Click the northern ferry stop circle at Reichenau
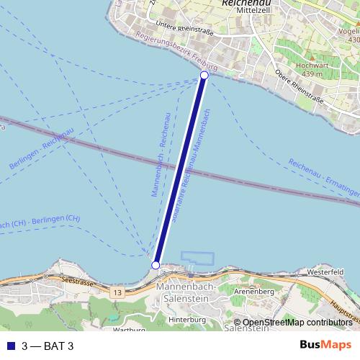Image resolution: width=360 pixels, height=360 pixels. (x=204, y=76)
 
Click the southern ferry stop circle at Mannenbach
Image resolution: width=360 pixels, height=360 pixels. (x=156, y=266)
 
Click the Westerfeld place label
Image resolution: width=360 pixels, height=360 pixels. (x=323, y=274)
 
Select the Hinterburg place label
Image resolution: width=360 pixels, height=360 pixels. (x=182, y=318)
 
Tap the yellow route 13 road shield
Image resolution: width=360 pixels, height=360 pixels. (x=117, y=293)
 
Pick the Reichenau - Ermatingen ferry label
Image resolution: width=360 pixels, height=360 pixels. (x=323, y=180)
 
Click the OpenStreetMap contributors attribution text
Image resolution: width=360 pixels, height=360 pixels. (x=297, y=323)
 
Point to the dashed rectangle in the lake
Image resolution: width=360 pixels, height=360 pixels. (x=198, y=258)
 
